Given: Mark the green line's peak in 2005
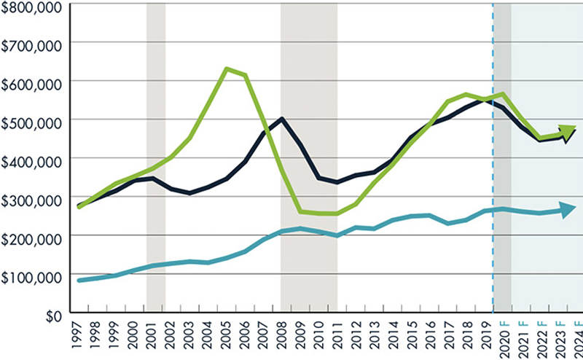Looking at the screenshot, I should click(227, 69).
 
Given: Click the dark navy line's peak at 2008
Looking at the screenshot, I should click(282, 119).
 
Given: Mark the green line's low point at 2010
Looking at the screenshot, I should click(319, 214).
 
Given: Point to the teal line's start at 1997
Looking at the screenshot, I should click(79, 280).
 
